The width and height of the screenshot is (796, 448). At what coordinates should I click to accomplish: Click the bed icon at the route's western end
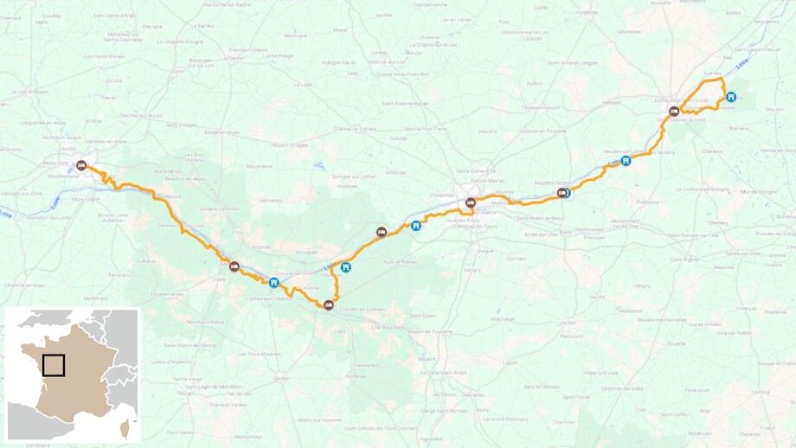(x=81, y=164)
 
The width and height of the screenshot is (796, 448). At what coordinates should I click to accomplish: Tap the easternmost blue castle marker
(x=731, y=97)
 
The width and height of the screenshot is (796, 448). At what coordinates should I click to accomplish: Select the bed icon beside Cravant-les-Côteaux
(x=328, y=304)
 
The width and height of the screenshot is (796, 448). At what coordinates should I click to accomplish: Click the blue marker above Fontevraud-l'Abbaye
(x=274, y=282)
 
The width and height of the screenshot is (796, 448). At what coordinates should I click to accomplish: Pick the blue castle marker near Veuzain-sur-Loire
(x=626, y=160)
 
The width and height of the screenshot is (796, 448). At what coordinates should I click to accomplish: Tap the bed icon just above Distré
(x=234, y=266)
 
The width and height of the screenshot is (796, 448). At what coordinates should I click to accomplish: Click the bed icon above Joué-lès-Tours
(x=471, y=203)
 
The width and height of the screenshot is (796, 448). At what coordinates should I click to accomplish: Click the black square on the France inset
(x=54, y=365)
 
